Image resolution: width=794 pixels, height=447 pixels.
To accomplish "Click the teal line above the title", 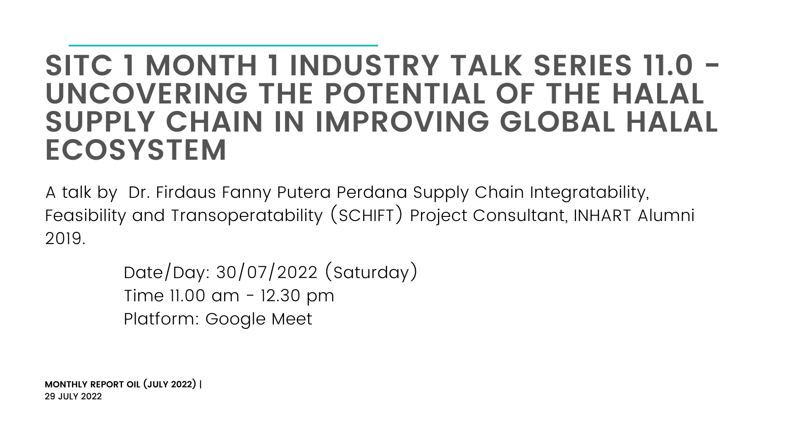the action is click(223, 45).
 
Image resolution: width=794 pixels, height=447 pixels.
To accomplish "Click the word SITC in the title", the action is click(79, 65).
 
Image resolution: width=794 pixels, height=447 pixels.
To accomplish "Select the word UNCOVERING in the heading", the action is click(147, 94).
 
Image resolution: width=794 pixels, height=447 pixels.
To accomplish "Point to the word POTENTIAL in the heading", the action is click(405, 94).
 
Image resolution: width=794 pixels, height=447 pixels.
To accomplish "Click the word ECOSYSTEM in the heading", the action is click(136, 150).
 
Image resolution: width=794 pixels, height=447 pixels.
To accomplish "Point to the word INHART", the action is click(602, 216).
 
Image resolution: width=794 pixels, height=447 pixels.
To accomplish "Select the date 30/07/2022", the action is click(267, 273).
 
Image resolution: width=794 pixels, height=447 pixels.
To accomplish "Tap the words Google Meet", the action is click(259, 319).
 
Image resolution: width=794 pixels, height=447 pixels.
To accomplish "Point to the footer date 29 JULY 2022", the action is click(73, 397).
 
